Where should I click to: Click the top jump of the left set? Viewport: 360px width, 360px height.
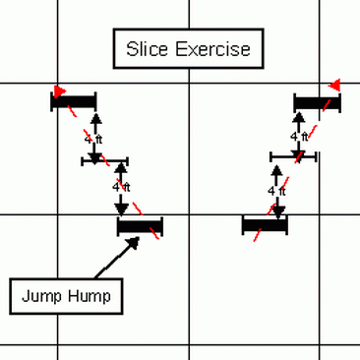tap(75, 99)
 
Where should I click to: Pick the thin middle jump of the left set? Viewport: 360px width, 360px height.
tap(106, 160)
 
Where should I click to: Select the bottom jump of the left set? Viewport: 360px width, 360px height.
tap(139, 227)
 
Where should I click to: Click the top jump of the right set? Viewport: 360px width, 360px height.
tap(317, 101)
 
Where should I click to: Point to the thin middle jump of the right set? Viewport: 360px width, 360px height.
tap(293, 155)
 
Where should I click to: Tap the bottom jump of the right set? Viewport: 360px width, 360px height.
tap(265, 225)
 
